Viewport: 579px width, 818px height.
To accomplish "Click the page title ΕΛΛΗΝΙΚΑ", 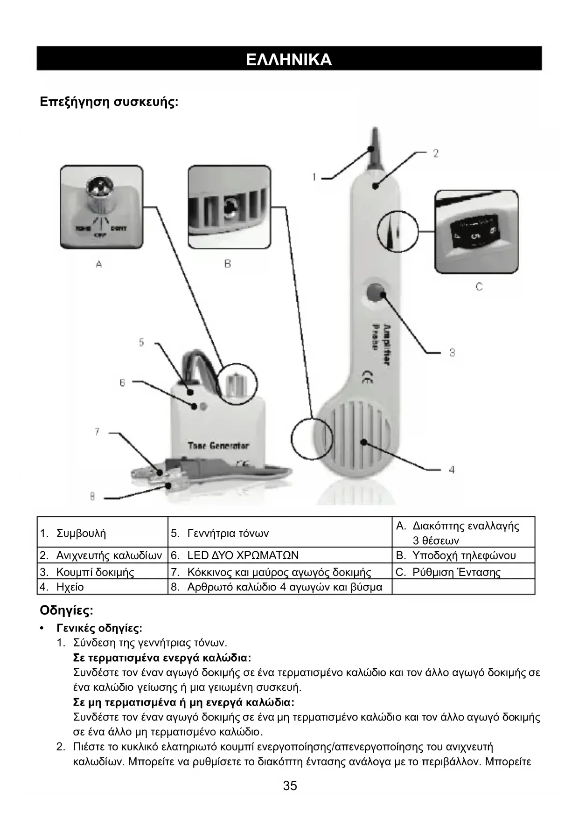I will [x=289, y=59].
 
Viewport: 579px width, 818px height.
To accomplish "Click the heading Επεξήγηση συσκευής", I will [x=109, y=102].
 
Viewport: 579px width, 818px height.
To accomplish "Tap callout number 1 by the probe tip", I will [x=314, y=177].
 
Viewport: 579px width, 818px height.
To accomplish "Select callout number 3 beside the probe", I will [x=452, y=353].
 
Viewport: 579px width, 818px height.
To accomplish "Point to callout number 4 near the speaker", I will [x=451, y=470].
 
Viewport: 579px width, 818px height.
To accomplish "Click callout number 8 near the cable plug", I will [x=92, y=497].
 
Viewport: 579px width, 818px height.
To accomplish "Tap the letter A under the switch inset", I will [x=99, y=264].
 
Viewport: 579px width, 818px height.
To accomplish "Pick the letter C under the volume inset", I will [x=479, y=287].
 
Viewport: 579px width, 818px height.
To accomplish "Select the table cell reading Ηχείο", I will [x=70, y=587].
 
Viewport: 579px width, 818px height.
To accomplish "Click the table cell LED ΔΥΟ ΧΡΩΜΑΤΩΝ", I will [x=243, y=555].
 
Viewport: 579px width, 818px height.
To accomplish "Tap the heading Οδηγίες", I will [x=66, y=610].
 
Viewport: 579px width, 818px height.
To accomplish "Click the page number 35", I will [x=290, y=786].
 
